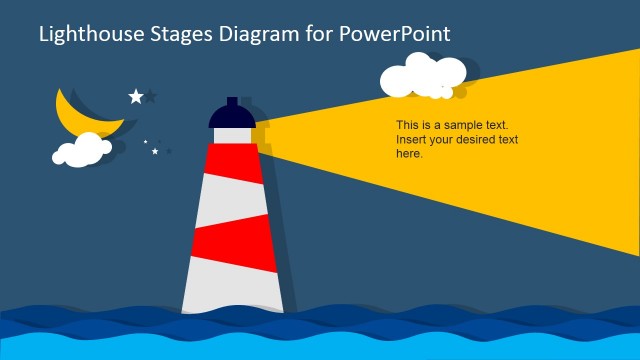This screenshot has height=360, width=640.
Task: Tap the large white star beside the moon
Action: [136, 96]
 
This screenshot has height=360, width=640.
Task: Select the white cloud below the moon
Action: [81, 151]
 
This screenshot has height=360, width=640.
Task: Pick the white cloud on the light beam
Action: [424, 76]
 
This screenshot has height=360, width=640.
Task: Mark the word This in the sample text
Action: [407, 126]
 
